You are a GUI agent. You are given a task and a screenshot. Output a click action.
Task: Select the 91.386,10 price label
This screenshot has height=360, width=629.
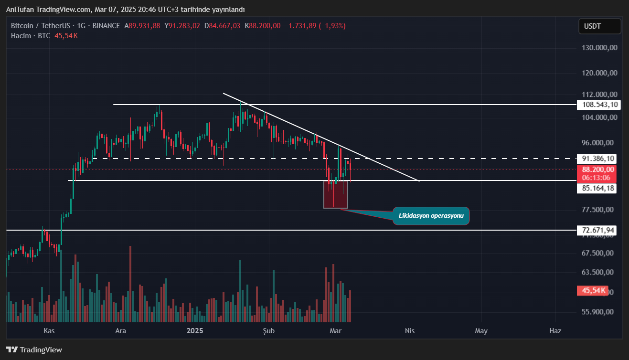(597, 159)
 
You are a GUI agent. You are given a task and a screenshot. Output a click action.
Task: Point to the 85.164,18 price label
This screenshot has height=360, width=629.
(597, 189)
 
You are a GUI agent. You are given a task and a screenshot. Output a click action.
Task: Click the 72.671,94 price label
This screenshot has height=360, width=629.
(597, 231)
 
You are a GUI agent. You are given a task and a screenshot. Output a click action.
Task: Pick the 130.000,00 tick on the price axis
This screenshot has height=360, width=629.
(599, 48)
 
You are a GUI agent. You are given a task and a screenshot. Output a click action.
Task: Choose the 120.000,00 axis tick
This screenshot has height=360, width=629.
(599, 73)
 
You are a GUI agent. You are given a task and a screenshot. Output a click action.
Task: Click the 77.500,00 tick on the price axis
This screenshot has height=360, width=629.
(599, 210)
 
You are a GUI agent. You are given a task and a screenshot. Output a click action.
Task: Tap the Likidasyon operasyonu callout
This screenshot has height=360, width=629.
(431, 216)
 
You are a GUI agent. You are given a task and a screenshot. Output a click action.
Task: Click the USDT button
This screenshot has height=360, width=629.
(599, 26)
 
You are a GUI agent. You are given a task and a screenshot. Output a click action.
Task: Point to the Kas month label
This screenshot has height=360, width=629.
(49, 331)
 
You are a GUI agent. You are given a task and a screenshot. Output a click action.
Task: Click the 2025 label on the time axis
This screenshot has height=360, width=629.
(195, 331)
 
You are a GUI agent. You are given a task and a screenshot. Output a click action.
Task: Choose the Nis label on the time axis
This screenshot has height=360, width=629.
(409, 331)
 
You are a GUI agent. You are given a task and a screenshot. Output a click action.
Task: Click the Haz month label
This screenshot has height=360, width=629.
(554, 331)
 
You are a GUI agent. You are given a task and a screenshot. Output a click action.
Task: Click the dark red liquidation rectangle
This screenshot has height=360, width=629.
(336, 195)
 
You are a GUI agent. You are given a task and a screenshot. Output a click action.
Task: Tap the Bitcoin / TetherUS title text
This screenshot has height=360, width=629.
(42, 26)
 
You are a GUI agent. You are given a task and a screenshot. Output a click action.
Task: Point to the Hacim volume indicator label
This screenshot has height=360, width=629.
(21, 36)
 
